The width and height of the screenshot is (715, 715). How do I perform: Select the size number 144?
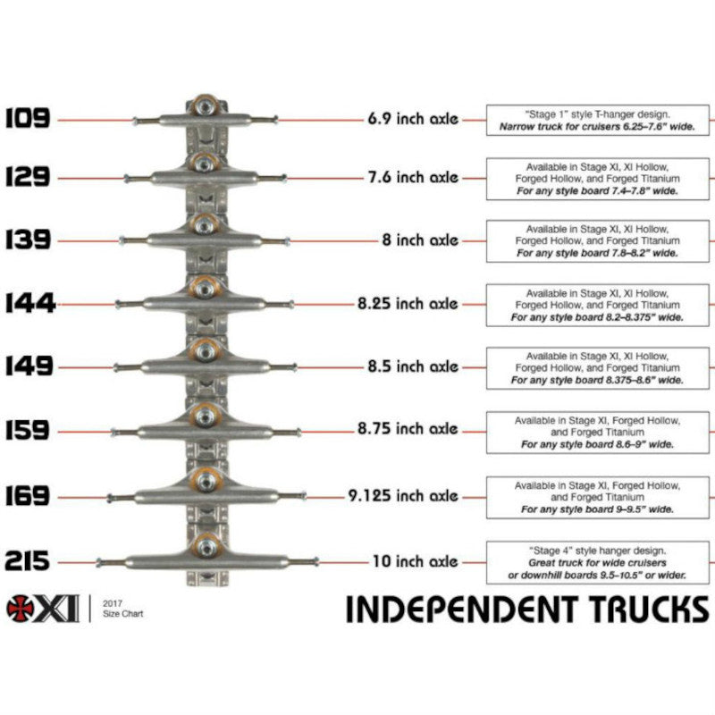[29, 304]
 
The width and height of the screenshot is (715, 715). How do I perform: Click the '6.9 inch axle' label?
[412, 118]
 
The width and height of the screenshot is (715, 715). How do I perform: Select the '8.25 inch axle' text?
[408, 304]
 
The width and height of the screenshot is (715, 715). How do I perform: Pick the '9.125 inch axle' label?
[402, 495]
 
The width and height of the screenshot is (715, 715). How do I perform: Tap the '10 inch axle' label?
[415, 561]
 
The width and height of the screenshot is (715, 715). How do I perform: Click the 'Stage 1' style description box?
[597, 121]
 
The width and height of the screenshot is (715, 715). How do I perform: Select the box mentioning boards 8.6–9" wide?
[597, 433]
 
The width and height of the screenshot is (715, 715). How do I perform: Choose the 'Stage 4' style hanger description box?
[597, 561]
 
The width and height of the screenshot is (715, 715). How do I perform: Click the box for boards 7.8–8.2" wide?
[597, 240]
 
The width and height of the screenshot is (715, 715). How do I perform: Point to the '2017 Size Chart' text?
[122, 609]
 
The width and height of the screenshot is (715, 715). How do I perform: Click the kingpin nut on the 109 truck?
[206, 106]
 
